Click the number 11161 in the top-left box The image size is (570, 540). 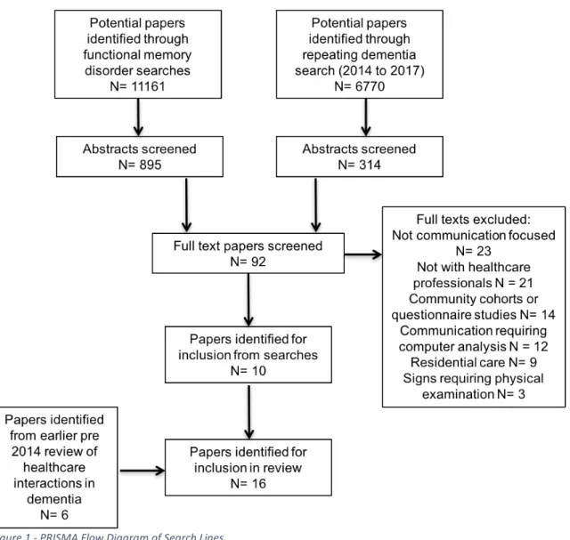coord(148,86)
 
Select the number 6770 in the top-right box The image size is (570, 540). coord(370,86)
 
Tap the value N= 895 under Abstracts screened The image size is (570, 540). coord(140,165)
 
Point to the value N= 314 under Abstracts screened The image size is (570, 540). coord(360,165)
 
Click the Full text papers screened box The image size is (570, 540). coord(248,254)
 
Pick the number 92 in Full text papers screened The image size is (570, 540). coord(258,262)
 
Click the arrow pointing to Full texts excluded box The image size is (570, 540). coord(363,254)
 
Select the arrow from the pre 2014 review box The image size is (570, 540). coord(142,471)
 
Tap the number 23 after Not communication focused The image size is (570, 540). coord(484,251)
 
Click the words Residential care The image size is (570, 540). coord(458,362)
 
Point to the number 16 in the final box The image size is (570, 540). coord(258,484)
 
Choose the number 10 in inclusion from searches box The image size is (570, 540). coord(258,371)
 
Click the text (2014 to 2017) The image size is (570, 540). coord(381,70)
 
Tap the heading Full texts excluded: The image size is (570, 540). coord(473,220)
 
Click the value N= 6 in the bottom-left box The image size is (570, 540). coord(54,515)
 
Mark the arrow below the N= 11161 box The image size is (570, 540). coord(138,117)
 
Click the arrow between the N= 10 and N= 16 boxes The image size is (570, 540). coord(249,411)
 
